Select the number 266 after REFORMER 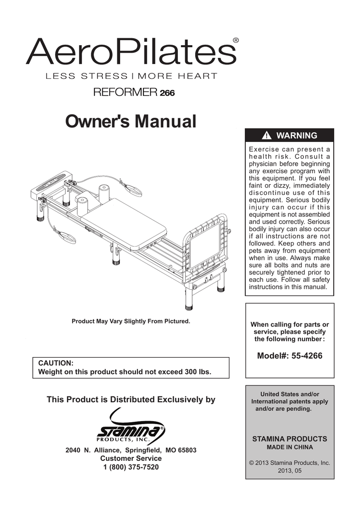click(x=167, y=92)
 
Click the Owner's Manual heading click(x=131, y=121)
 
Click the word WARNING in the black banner click(x=296, y=135)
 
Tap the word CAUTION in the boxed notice click(x=56, y=363)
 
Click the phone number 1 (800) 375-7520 click(x=131, y=467)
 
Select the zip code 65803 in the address click(x=186, y=450)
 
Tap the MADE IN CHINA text click(x=289, y=447)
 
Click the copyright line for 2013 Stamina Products click(x=289, y=462)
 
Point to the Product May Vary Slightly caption click(x=131, y=321)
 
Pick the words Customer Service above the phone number click(x=131, y=458)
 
